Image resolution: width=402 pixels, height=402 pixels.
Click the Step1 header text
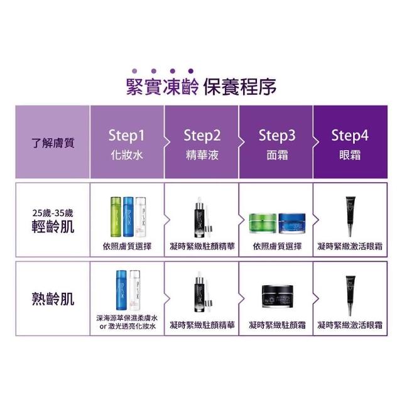click(126, 136)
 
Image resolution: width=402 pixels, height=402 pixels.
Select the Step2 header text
click(202, 136)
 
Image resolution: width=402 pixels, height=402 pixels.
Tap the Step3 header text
click(277, 136)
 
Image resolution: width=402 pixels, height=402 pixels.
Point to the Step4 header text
click(350, 136)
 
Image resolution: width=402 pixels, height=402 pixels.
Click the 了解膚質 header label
click(53, 143)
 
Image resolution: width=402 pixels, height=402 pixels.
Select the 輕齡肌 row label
click(53, 226)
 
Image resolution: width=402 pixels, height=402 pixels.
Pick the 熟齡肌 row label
click(53, 299)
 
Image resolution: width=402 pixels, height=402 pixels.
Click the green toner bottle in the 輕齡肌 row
click(116, 217)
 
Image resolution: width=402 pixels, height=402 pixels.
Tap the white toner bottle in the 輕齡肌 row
click(141, 217)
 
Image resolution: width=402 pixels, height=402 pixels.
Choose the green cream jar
click(263, 223)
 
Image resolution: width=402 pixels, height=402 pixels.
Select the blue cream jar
click(292, 223)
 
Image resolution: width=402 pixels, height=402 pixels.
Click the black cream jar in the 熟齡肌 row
click(278, 296)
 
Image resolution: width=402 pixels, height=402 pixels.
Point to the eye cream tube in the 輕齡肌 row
click(350, 217)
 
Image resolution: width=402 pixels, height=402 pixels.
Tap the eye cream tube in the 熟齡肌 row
click(350, 296)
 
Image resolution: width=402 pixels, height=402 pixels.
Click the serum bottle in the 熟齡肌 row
click(200, 292)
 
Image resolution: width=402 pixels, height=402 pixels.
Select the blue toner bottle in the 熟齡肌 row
click(121, 290)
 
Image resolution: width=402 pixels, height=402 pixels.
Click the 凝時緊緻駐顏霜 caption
click(277, 325)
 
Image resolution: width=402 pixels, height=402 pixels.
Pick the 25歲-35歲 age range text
click(53, 213)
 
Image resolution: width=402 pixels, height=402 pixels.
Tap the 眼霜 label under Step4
click(350, 155)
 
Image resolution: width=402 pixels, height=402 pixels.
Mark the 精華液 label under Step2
click(202, 155)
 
